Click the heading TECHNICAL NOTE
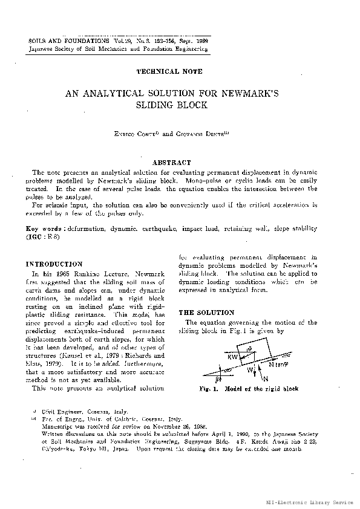[166, 71]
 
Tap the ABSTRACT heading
[172, 163]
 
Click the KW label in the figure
[232, 357]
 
